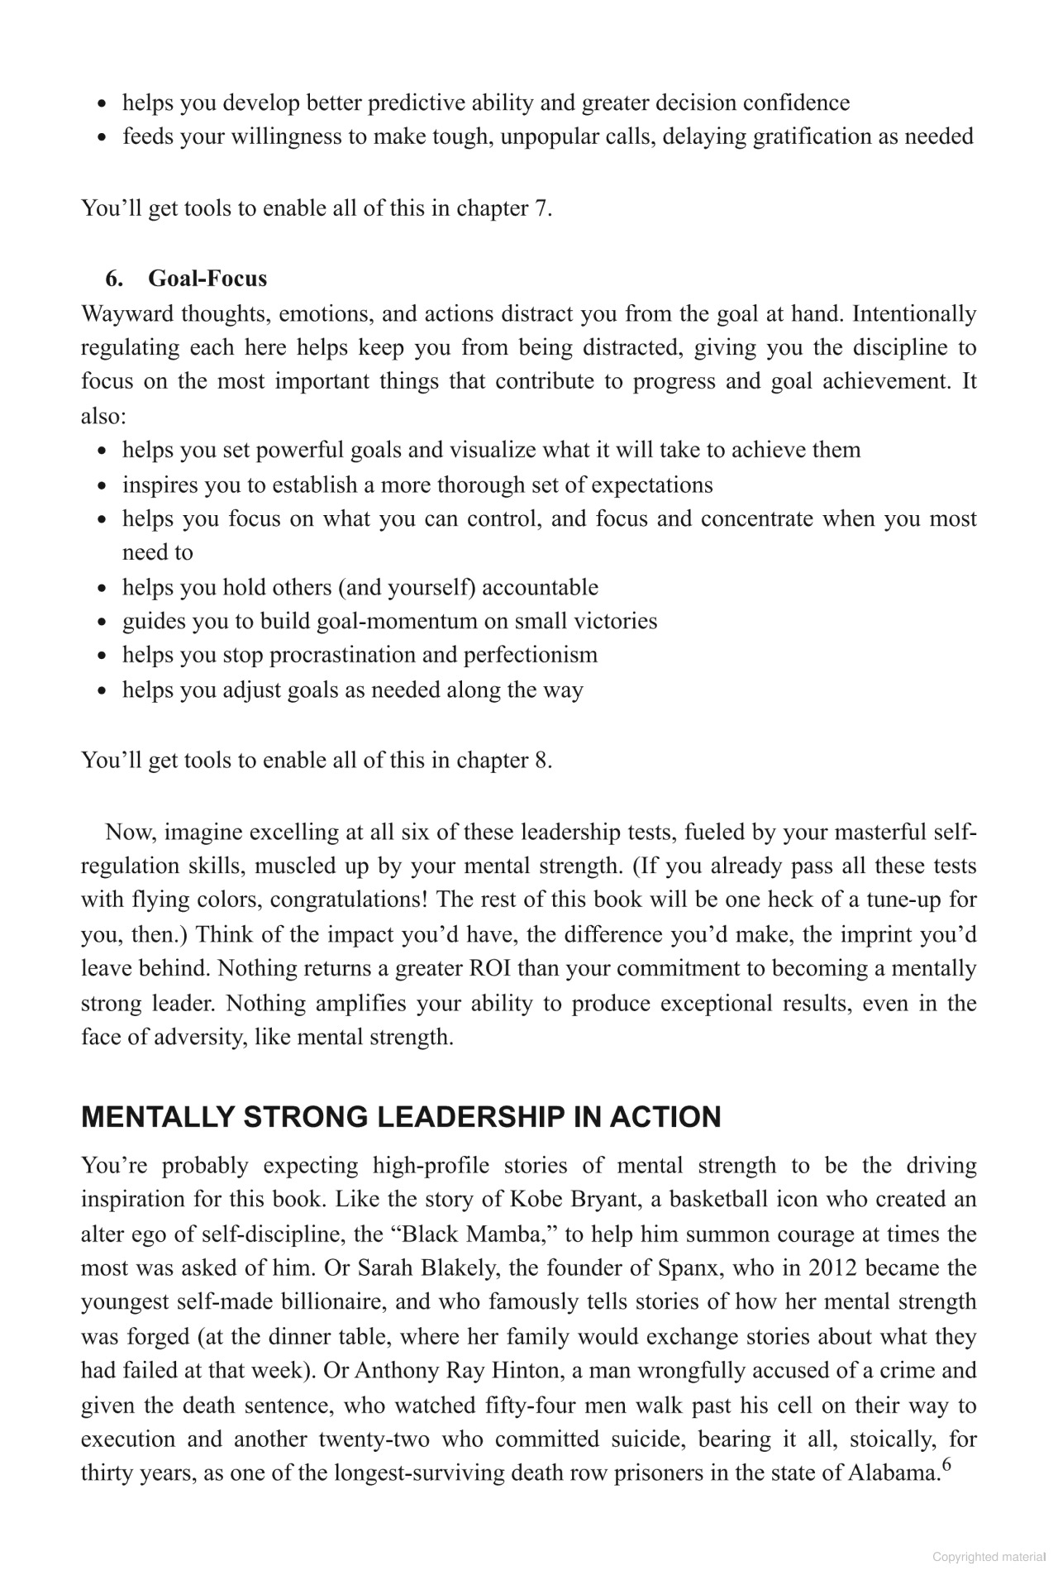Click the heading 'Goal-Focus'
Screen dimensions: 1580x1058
(x=207, y=279)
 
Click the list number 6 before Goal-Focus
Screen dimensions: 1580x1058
(x=113, y=279)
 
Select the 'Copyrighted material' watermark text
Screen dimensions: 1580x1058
(x=988, y=1557)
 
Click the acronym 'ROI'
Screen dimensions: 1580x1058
(x=488, y=968)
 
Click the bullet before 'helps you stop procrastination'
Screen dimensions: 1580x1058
(x=102, y=656)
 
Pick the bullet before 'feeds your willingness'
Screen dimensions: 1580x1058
(x=102, y=138)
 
